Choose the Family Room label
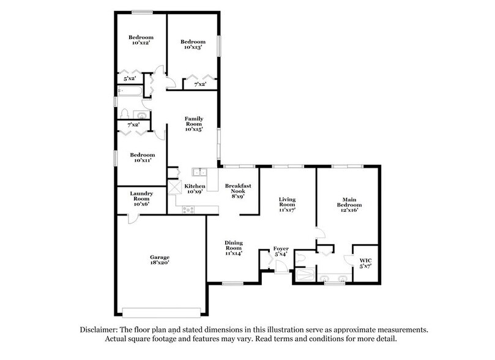[x=194, y=123]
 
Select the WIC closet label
[x=365, y=264]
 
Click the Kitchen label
[x=195, y=188]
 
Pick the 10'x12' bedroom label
[x=140, y=40]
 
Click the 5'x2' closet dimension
[x=129, y=79]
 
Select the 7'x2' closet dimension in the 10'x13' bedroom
[x=200, y=84]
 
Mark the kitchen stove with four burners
[x=189, y=209]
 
